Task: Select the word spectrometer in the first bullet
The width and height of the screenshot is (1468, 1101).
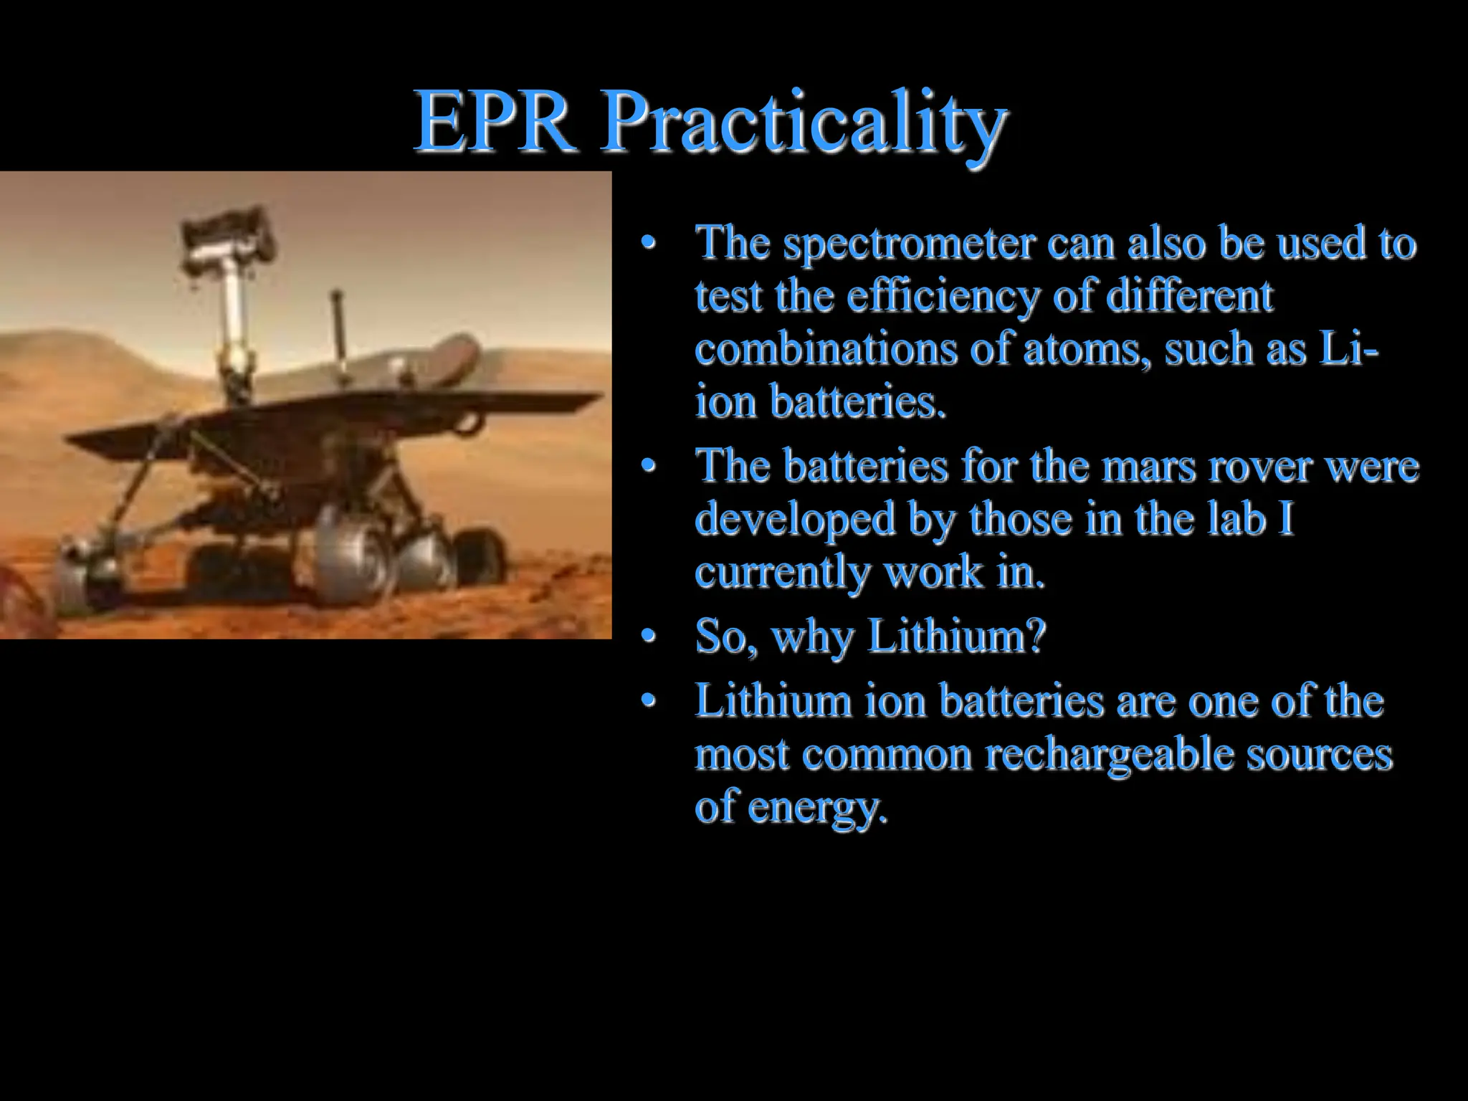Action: [908, 244]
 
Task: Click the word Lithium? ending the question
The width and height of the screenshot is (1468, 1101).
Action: [956, 636]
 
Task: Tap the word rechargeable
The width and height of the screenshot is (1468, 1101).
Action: [1110, 755]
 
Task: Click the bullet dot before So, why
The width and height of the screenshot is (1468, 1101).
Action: [649, 637]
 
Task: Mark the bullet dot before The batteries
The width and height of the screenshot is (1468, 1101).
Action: [649, 467]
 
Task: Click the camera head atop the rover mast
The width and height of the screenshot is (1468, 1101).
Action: [228, 237]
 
